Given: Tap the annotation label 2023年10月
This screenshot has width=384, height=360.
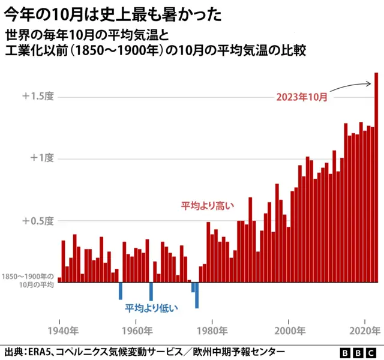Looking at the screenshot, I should (x=302, y=97).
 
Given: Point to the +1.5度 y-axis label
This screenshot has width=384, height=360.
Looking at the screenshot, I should (x=38, y=96).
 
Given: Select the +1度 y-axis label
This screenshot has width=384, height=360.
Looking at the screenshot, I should (x=41, y=158).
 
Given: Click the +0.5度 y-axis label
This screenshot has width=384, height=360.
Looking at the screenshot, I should (x=38, y=220).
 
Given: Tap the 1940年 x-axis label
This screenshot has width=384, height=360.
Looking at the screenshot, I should (x=62, y=330).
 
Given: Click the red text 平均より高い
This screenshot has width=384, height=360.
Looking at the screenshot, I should (x=208, y=205).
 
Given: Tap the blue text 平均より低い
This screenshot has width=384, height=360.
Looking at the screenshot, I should (x=151, y=308).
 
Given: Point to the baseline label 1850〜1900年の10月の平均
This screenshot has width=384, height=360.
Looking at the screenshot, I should (x=28, y=281).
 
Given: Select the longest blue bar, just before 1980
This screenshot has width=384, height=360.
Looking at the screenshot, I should (x=197, y=295).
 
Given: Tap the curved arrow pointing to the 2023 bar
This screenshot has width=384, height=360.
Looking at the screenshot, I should (x=351, y=86).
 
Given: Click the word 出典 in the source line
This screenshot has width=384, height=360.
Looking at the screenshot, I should (x=15, y=352).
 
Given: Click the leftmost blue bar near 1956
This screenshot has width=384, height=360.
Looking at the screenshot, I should (x=121, y=290).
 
